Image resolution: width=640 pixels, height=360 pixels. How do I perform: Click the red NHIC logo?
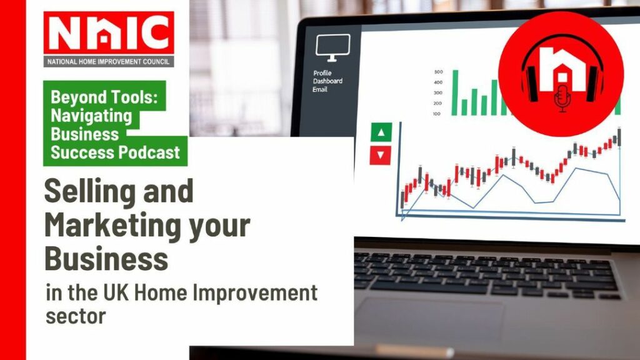[x=109, y=32]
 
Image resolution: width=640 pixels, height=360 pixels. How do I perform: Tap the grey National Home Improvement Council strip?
[x=109, y=62]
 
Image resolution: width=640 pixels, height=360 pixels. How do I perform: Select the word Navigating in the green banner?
[x=91, y=116]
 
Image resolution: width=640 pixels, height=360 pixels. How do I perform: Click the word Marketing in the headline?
[x=112, y=226]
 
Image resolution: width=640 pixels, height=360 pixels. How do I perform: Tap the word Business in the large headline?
[x=106, y=258]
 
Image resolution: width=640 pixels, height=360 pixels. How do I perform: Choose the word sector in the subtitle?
[x=76, y=316]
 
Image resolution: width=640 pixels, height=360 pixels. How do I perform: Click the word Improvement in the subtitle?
[x=254, y=292]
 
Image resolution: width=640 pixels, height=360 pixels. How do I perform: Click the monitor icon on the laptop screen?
[x=332, y=48]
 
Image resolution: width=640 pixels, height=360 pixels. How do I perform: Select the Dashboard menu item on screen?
[x=327, y=81]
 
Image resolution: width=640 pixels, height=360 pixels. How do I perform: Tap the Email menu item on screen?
[x=320, y=89]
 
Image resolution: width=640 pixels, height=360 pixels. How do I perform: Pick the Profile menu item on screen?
[x=322, y=73]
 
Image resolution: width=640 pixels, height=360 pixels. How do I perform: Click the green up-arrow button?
[x=381, y=132]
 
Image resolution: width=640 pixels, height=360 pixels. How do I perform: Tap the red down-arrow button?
[x=381, y=155]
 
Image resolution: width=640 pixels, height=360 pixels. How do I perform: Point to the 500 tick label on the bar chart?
[x=438, y=72]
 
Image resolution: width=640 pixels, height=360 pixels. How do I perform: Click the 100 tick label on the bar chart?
[x=437, y=114]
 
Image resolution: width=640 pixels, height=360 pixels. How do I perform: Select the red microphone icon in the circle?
[x=562, y=98]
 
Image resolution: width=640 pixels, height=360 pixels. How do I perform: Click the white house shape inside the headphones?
[x=562, y=69]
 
